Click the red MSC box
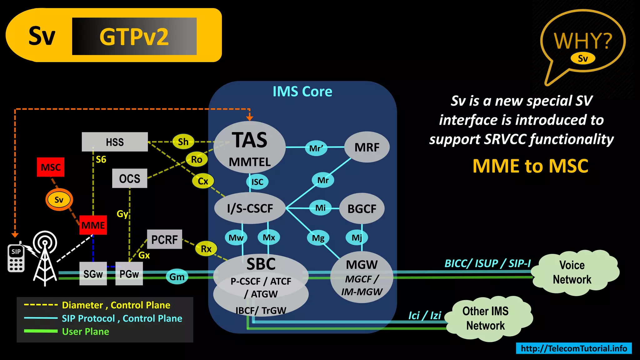(x=51, y=167)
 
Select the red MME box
(x=93, y=225)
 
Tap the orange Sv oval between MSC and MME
(x=59, y=200)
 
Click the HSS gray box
(x=115, y=142)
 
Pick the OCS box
(x=129, y=178)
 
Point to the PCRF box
(x=164, y=239)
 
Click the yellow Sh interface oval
(x=183, y=142)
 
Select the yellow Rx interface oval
(x=206, y=249)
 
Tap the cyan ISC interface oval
(x=257, y=182)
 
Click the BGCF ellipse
(x=362, y=208)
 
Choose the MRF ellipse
(x=367, y=147)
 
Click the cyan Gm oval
(x=177, y=277)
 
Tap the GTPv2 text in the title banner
(x=134, y=37)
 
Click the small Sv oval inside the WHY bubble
(x=582, y=58)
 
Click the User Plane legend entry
(x=85, y=331)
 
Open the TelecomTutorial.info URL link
(x=574, y=348)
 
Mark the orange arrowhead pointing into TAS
(x=249, y=118)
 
